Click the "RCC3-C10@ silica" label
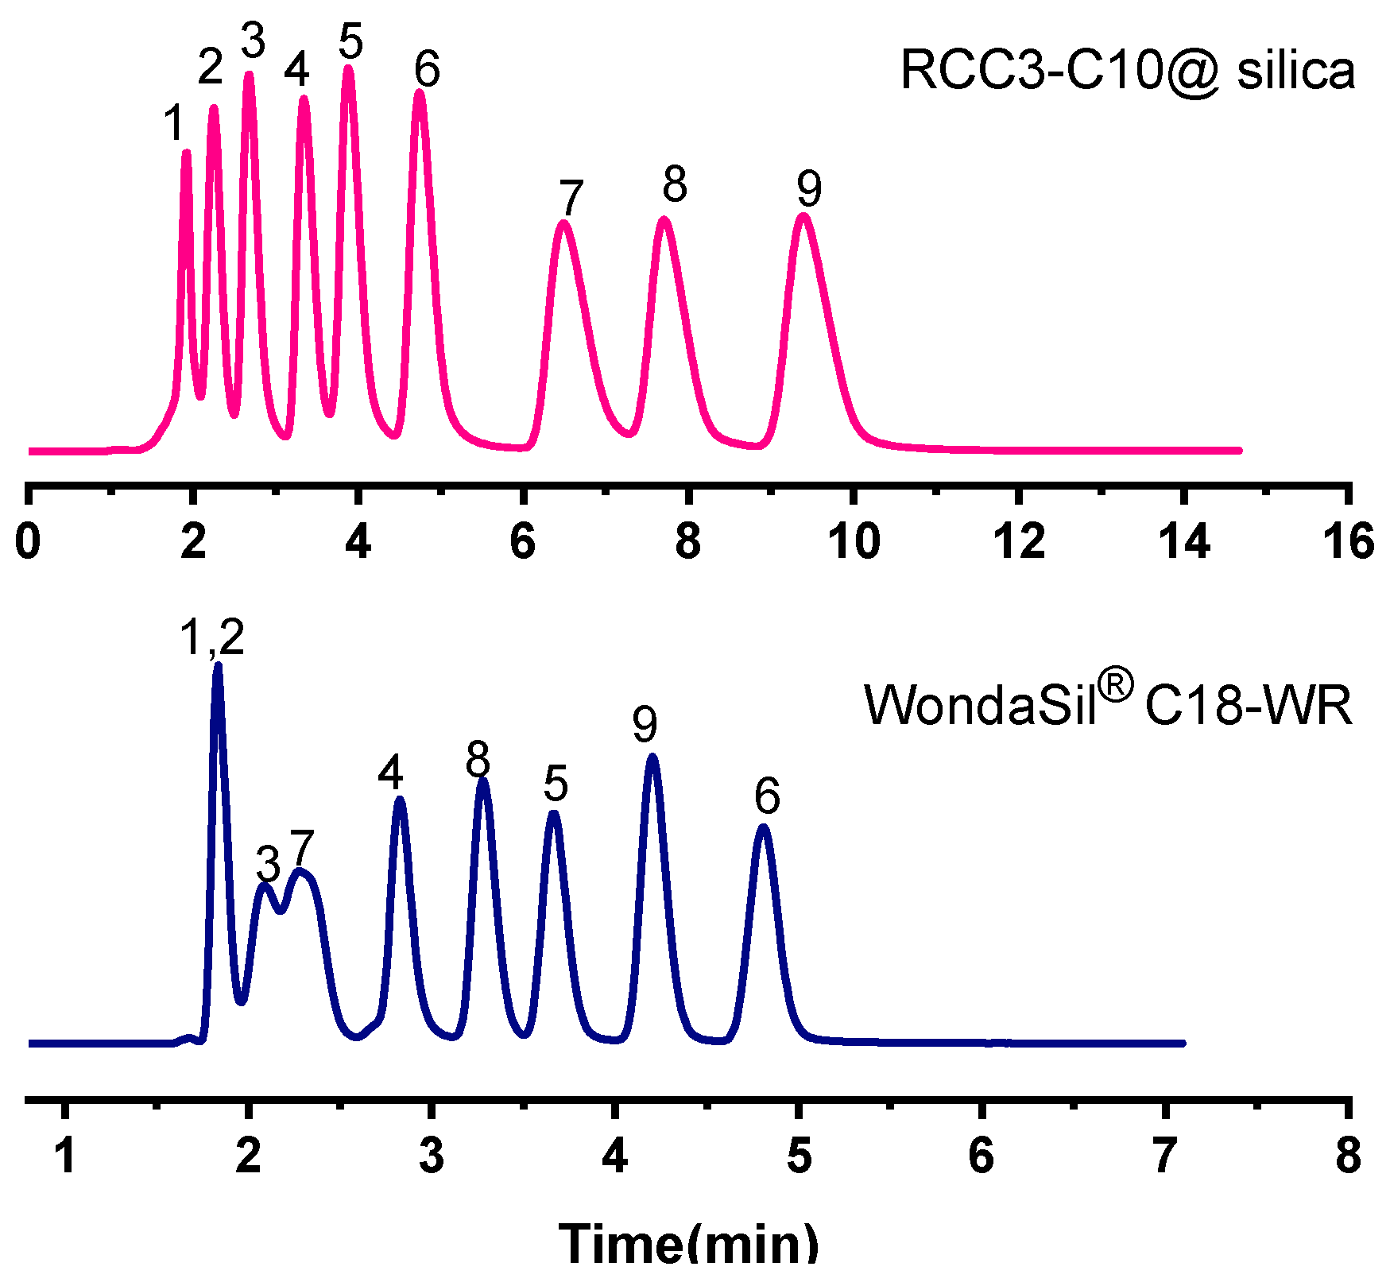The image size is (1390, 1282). (1127, 71)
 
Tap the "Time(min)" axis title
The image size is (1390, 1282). (688, 1245)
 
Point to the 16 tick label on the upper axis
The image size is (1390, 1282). (1348, 542)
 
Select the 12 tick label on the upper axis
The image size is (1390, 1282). (1020, 542)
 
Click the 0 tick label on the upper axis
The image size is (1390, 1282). (29, 542)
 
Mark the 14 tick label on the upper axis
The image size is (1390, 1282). (1183, 542)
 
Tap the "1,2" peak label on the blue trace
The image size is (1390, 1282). (212, 637)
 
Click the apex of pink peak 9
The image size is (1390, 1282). (803, 215)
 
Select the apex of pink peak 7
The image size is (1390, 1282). (563, 223)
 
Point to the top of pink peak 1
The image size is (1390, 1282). (186, 151)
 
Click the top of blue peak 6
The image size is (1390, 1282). (763, 827)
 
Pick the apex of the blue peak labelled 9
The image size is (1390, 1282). (652, 756)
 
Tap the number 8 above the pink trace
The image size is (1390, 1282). (674, 184)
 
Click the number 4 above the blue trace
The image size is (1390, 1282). (391, 773)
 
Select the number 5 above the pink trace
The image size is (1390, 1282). (350, 41)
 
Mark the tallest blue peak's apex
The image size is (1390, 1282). (218, 664)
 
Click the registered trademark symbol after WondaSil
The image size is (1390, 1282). (1117, 685)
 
